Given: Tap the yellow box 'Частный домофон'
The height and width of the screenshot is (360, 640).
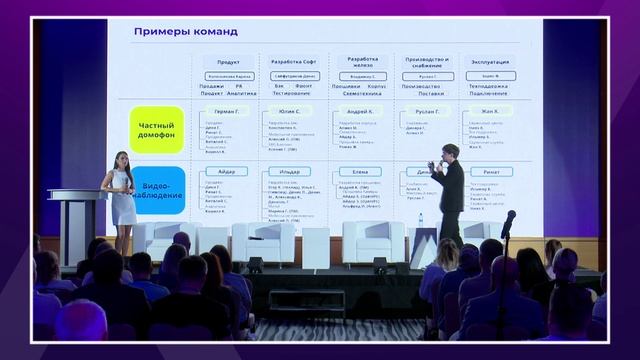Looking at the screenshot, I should coord(157,129).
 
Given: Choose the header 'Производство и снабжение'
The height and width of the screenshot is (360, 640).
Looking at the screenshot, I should coord(427,63).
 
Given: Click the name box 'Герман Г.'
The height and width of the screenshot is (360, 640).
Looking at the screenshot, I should coord(227,111).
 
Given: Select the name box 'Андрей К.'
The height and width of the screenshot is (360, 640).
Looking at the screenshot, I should coord(361,111).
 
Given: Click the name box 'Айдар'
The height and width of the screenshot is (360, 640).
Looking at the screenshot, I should coord(227,171).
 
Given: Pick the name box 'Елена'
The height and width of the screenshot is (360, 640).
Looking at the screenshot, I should coord(361,171).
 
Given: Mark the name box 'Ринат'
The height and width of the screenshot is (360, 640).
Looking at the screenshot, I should coord(491,171).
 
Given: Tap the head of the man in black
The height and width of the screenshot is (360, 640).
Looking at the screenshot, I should coord(450,151).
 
